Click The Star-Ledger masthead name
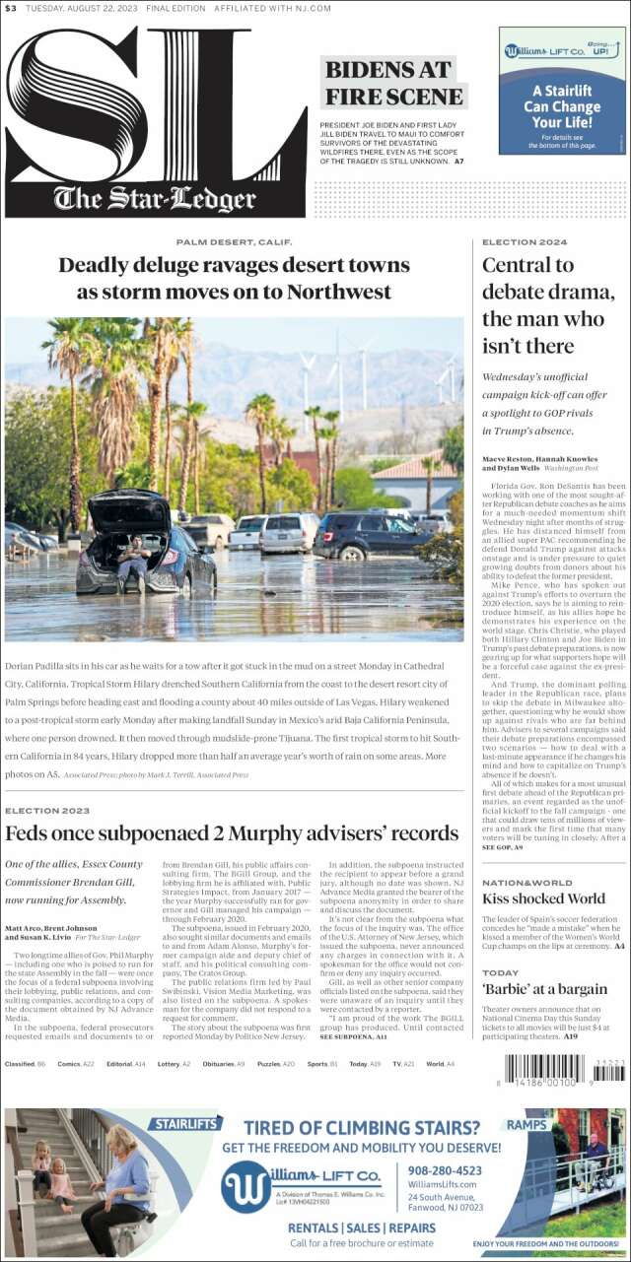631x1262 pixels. point(155,200)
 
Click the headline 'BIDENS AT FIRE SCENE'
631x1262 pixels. point(393,83)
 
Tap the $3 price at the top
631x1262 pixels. point(10,9)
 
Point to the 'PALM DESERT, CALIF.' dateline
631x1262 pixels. point(235,241)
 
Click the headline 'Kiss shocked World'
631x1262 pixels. point(543,898)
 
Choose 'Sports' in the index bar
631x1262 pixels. point(318,1064)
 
